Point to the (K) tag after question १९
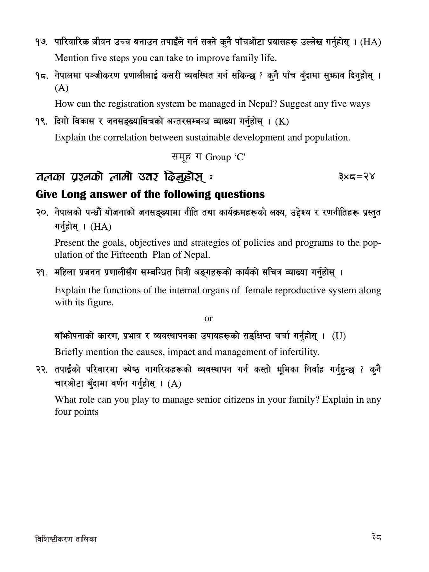point(282,121)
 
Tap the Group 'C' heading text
point(225,157)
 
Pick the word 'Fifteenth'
point(129,255)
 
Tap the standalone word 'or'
point(208,318)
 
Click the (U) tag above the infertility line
point(339,336)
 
